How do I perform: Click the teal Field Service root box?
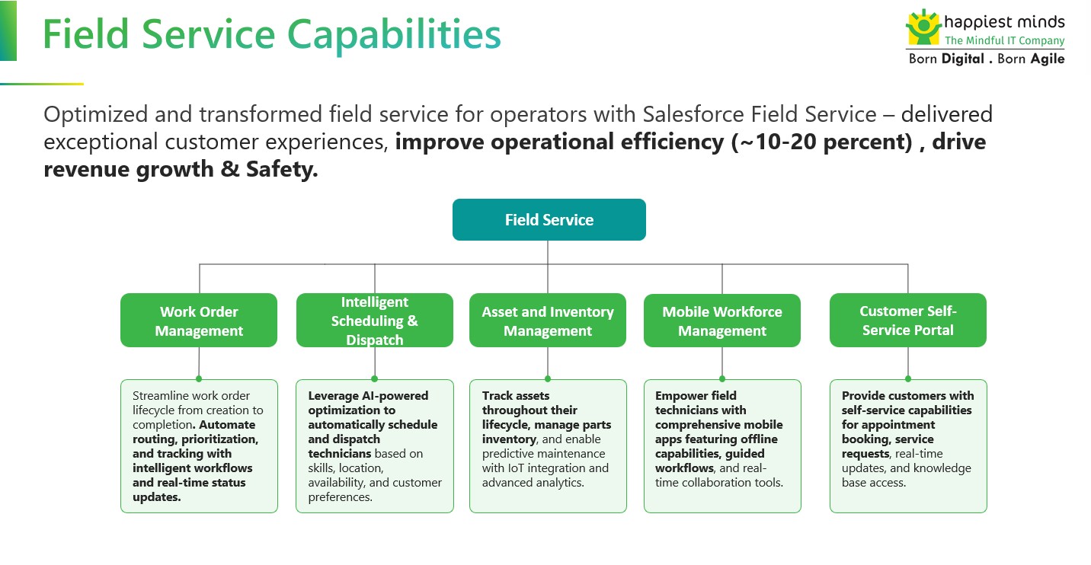click(x=549, y=220)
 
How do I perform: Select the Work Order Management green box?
click(x=199, y=321)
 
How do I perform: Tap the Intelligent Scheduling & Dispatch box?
click(x=374, y=321)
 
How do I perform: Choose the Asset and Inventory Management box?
click(x=547, y=321)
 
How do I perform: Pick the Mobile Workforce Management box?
click(x=721, y=321)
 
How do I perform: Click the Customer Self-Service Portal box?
click(x=907, y=320)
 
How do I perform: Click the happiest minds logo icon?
click(x=923, y=27)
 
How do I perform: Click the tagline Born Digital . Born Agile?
click(x=987, y=59)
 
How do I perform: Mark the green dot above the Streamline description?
click(x=199, y=378)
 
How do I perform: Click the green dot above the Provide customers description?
click(x=907, y=378)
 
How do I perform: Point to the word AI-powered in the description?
click(x=389, y=396)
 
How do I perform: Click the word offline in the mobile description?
click(x=760, y=439)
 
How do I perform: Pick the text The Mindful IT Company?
click(x=1004, y=41)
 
